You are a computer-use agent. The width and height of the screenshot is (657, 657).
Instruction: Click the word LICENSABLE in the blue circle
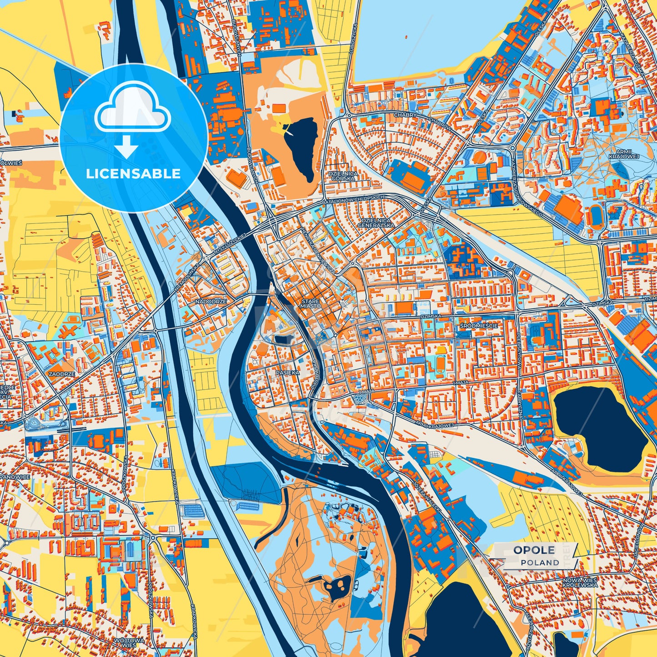(134, 174)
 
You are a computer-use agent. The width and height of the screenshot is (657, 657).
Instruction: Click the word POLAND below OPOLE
(540, 562)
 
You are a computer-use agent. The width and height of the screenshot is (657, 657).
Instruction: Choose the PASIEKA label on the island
(287, 372)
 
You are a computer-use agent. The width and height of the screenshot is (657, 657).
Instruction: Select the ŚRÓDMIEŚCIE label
(478, 326)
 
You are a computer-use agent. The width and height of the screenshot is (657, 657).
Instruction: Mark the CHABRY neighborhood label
(405, 115)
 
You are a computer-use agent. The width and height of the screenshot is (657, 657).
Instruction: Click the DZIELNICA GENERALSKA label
(374, 222)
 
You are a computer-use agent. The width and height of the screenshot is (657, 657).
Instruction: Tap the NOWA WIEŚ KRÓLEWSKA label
(580, 582)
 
